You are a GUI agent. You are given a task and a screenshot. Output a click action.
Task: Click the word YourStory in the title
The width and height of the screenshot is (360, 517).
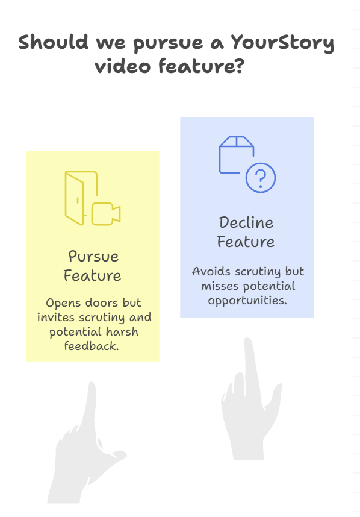tap(282, 43)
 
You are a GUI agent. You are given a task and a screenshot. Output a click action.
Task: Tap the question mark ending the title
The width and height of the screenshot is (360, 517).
tap(240, 65)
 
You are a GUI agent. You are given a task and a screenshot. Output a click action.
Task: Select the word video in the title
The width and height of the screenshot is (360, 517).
tap(123, 65)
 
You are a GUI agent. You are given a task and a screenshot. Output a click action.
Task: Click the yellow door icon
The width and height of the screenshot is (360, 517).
tap(81, 198)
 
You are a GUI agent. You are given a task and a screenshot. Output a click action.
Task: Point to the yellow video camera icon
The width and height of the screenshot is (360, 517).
tap(106, 214)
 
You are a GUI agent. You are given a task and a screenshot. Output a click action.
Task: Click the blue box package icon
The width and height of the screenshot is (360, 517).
tap(236, 155)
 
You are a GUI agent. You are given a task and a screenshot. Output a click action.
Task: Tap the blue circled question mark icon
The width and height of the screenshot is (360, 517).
tap(261, 178)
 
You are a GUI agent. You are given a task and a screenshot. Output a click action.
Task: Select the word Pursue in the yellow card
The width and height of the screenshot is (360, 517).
tap(93, 257)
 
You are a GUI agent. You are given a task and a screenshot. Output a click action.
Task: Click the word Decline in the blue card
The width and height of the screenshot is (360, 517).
tap(246, 222)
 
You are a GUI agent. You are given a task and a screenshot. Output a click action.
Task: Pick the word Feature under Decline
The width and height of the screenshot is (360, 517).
tap(246, 242)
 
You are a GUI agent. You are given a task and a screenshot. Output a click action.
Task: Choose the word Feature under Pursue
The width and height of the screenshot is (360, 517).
tap(92, 275)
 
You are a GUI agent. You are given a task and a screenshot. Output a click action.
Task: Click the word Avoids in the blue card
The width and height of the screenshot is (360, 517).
tap(211, 271)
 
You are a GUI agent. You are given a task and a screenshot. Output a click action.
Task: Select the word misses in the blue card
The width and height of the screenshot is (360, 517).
tap(220, 286)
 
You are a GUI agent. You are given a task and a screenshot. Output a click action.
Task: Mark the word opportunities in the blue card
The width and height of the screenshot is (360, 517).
tap(247, 301)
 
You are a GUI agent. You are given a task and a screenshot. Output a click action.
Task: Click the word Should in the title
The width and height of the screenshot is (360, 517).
tap(54, 42)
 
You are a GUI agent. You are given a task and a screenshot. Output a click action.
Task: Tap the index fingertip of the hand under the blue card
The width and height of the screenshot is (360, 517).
tap(247, 341)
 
